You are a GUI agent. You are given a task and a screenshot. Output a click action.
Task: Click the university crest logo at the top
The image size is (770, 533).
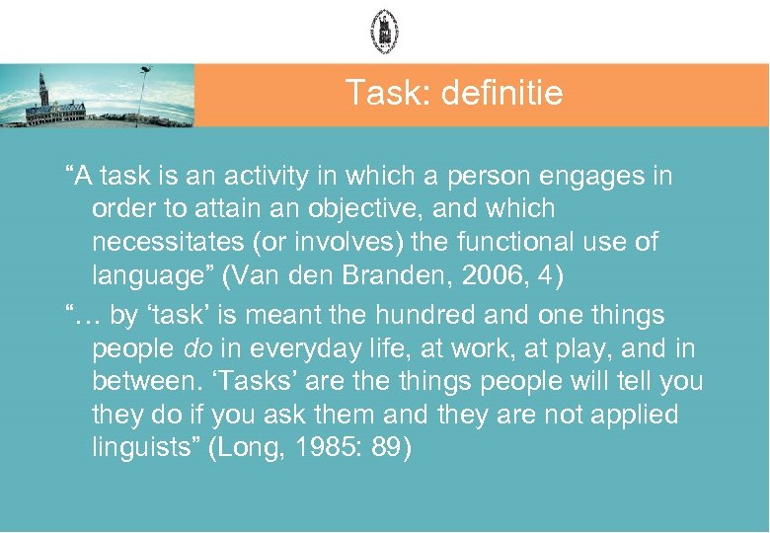384,31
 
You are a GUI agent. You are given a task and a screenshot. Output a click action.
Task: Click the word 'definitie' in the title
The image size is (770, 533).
503,94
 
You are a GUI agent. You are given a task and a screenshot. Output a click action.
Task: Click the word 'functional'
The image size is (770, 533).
523,242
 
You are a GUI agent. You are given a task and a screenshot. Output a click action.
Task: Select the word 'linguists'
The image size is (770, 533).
146,448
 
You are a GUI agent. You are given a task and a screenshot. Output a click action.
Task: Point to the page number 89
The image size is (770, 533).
388,448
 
